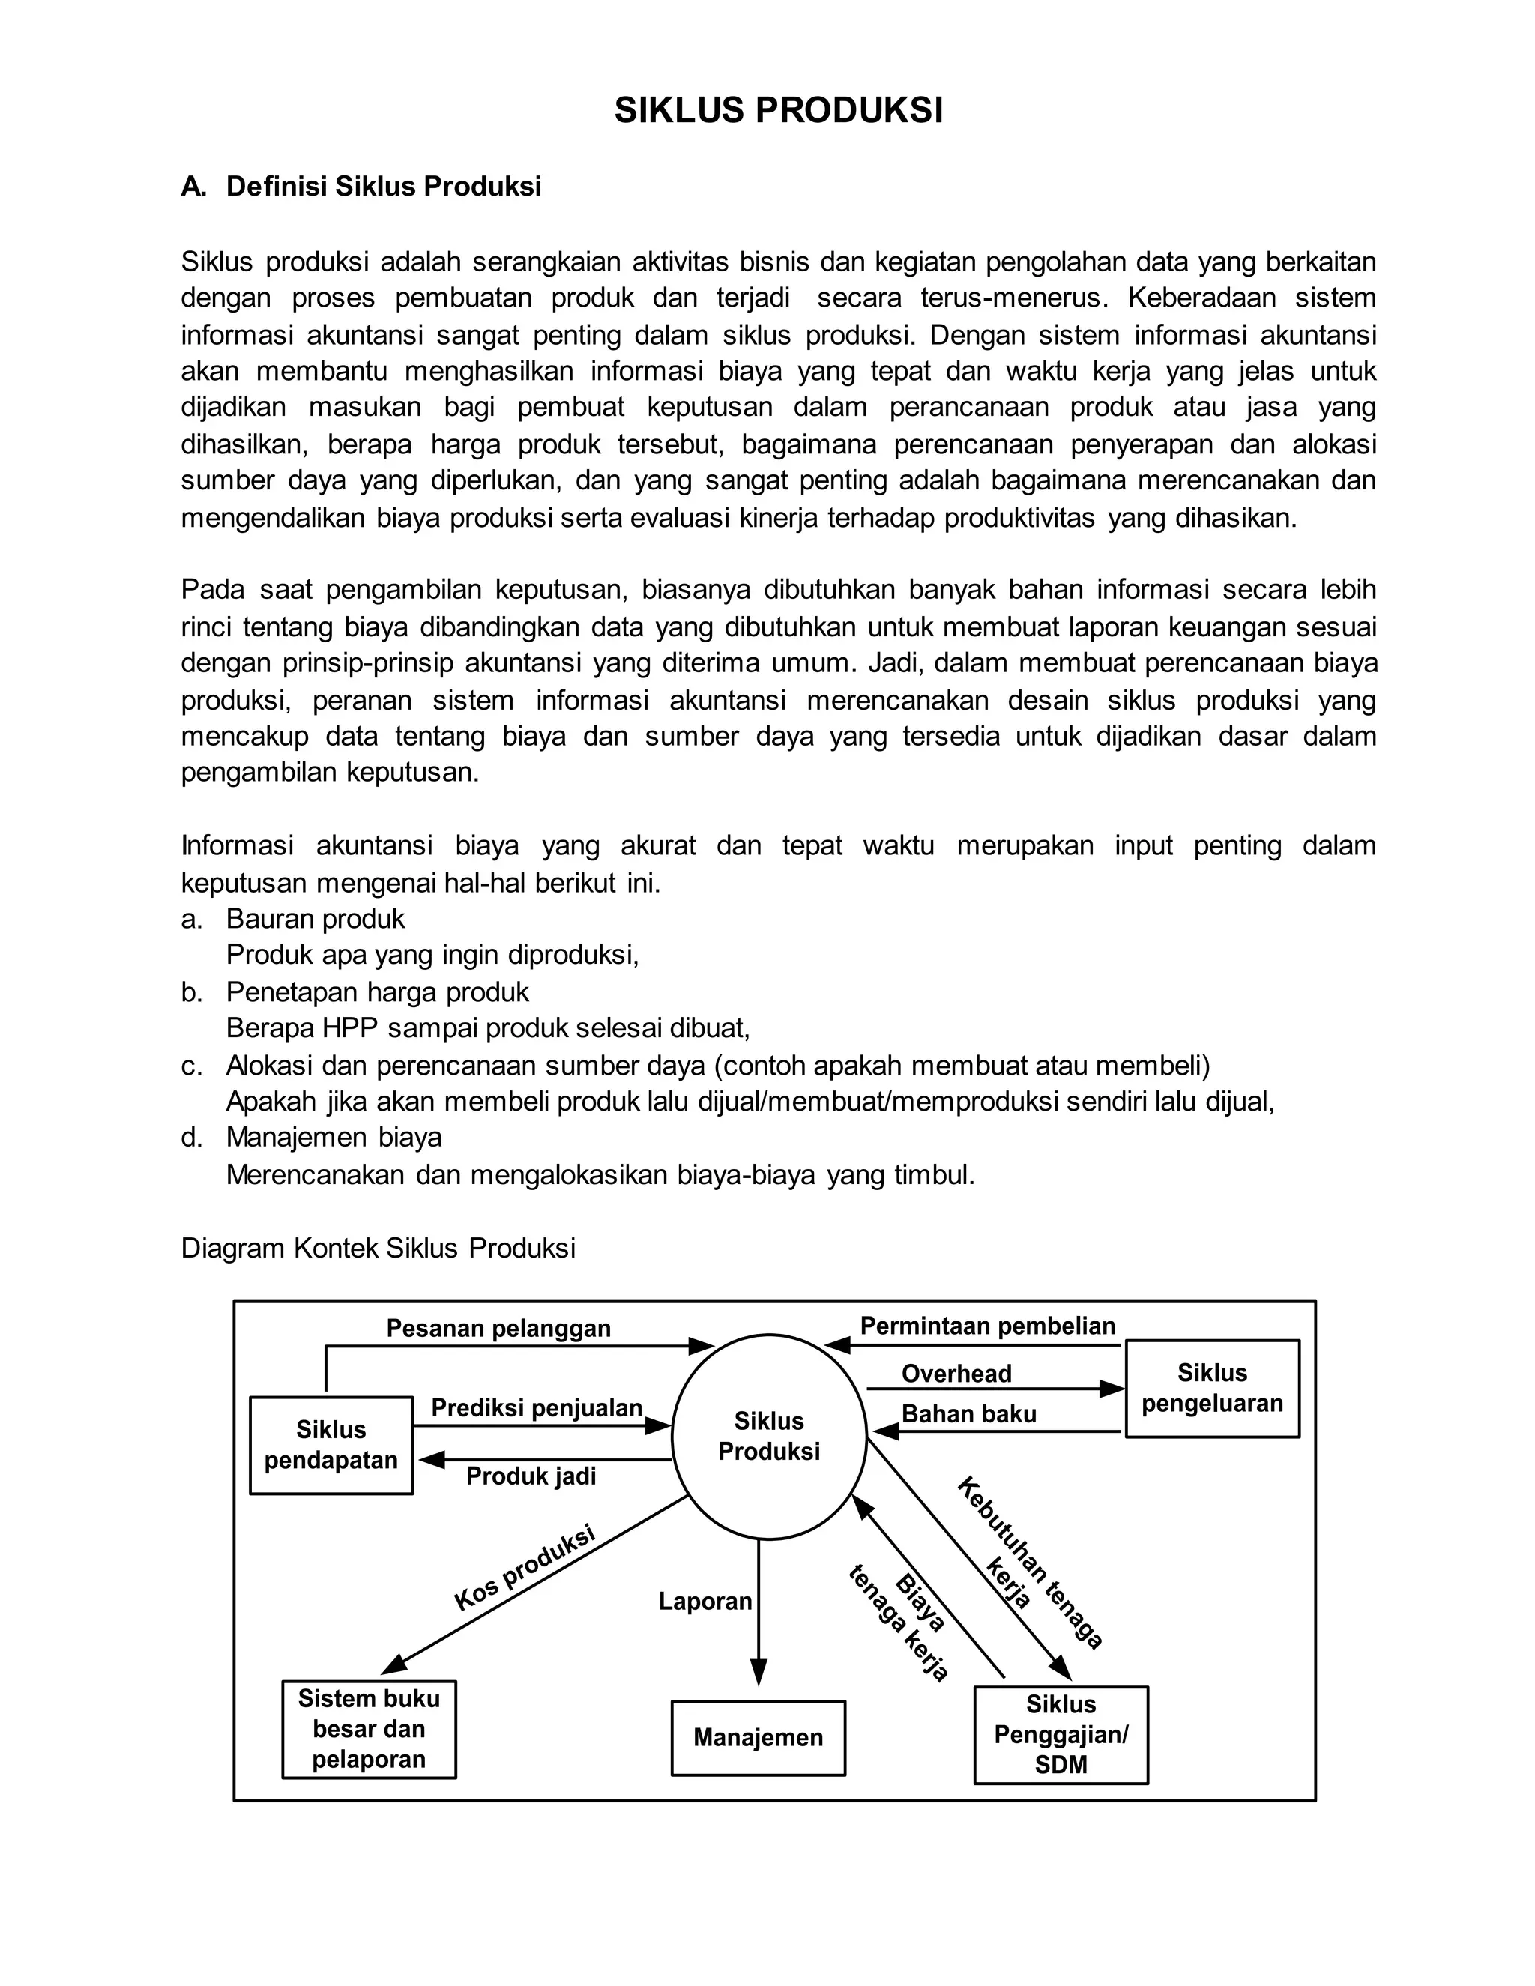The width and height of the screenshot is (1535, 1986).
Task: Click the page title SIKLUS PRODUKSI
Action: (x=779, y=111)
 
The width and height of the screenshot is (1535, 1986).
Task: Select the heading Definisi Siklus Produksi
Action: (x=383, y=187)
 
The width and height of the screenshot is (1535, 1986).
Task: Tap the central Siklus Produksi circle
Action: (x=768, y=1437)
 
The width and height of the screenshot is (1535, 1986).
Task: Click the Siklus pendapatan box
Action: (x=331, y=1445)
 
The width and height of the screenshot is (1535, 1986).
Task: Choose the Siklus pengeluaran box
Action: (x=1211, y=1389)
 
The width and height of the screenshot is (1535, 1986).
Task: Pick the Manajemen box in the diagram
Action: (x=758, y=1738)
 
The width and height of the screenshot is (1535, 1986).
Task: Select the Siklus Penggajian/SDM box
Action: (x=1061, y=1734)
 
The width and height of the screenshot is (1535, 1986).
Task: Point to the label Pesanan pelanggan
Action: (x=498, y=1329)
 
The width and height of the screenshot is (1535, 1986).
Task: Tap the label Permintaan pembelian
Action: (x=988, y=1326)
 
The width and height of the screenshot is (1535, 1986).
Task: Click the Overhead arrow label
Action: (x=956, y=1373)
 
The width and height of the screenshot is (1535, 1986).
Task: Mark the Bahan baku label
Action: (x=968, y=1414)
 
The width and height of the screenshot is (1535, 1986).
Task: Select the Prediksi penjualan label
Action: (x=537, y=1409)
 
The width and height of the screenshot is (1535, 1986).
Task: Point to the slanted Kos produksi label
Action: (x=524, y=1568)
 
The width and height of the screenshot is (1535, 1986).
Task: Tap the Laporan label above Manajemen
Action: (x=705, y=1602)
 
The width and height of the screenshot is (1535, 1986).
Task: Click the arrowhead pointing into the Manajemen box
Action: (x=759, y=1672)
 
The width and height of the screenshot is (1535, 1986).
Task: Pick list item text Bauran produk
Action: (x=315, y=919)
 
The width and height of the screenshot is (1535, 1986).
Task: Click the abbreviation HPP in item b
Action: (x=350, y=1027)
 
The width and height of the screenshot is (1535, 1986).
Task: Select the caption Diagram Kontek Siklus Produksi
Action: (x=379, y=1248)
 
